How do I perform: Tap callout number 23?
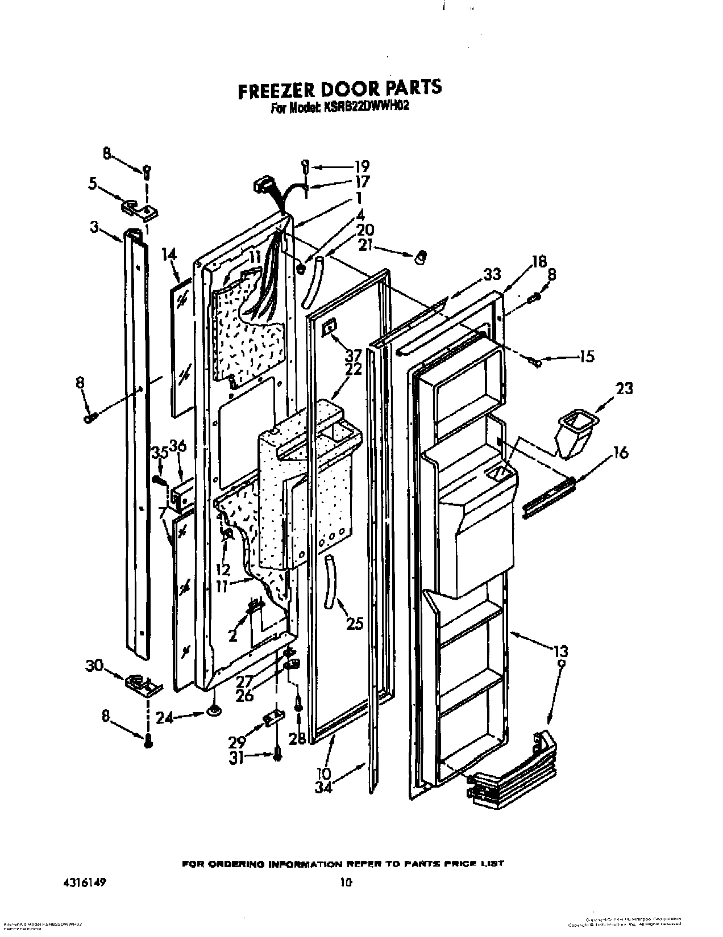tap(623, 389)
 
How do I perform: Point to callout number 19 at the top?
tap(361, 167)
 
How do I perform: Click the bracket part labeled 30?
tap(142, 684)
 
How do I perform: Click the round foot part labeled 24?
tap(214, 710)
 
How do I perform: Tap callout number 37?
tap(352, 355)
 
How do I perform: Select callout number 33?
tap(492, 274)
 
